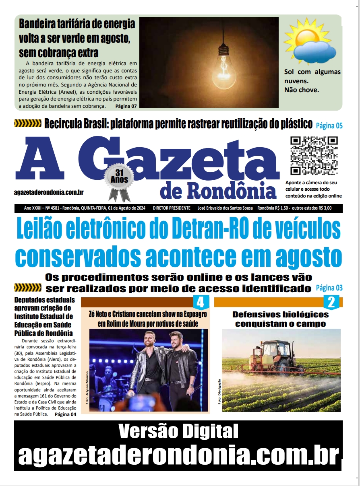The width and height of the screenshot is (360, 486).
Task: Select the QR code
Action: pos(314,156)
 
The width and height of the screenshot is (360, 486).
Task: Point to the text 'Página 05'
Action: pos(329,126)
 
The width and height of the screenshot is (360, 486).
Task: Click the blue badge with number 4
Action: pos(201,302)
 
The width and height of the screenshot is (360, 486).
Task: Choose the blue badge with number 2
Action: pos(331,302)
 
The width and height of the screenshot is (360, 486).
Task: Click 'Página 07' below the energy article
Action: pos(126,106)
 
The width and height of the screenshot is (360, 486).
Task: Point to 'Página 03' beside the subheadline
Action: pos(329,288)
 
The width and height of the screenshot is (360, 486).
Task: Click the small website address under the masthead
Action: pos(49,193)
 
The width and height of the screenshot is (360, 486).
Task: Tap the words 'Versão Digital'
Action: pos(178,432)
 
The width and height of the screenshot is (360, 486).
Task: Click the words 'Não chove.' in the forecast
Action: pos(302,90)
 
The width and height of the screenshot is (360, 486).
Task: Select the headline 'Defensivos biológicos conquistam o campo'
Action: pos(280,319)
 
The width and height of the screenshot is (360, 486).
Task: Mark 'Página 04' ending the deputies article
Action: pos(65,414)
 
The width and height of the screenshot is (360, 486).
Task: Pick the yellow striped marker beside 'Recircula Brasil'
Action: pos(28,124)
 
